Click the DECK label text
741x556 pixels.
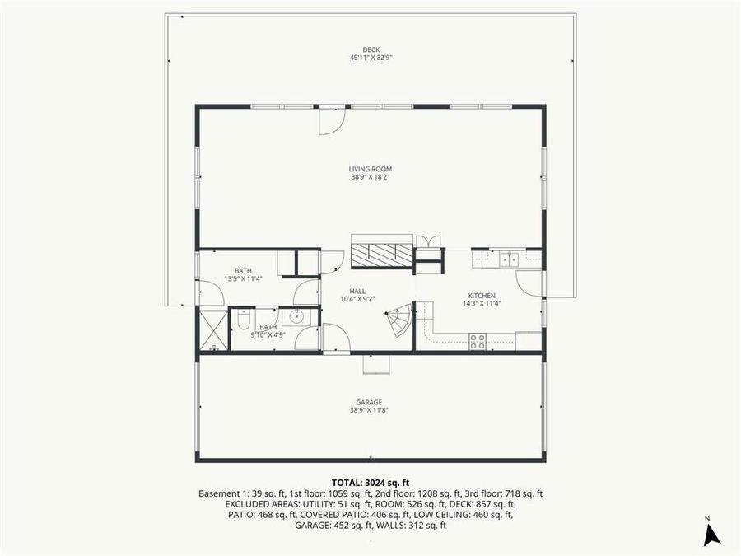pos(370,49)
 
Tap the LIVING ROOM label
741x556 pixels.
pos(370,169)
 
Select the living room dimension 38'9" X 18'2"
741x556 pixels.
pos(370,177)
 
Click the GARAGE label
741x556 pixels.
pos(370,402)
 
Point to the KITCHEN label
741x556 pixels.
pos(482,296)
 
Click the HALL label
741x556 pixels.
pos(357,291)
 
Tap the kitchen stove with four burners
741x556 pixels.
pos(478,341)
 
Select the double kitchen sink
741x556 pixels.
pos(509,259)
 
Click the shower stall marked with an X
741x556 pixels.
pos(213,329)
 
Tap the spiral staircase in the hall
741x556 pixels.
pos(399,320)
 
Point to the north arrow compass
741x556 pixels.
pos(711,533)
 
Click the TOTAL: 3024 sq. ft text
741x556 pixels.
pos(370,483)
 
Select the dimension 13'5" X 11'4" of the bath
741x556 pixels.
pos(243,278)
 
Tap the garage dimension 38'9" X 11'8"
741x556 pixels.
pos(370,410)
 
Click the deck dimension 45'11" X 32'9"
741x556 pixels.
pos(370,58)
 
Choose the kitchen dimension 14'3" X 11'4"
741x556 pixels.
pos(482,303)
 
